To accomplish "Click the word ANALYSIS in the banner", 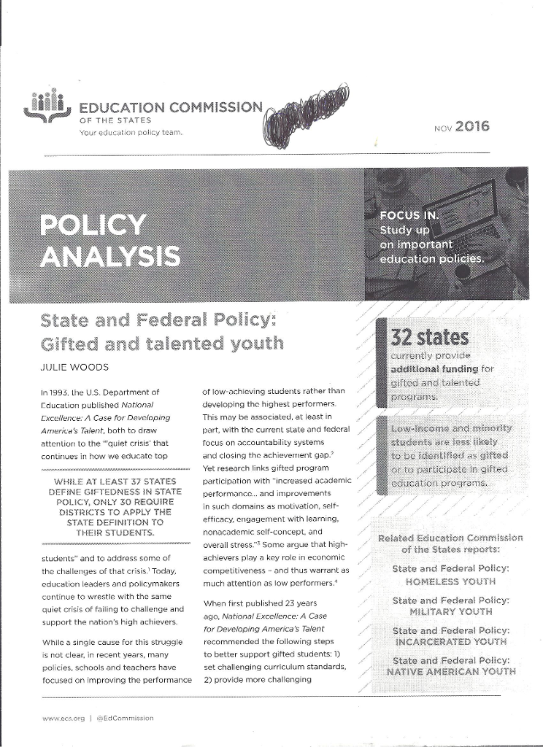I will pos(111,257).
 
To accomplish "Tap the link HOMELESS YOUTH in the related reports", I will pos(450,581).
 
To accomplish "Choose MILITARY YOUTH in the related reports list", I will pos(450,612).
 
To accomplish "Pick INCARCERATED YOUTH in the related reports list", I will pos(450,642).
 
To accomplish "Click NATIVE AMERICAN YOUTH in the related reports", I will pos(450,672).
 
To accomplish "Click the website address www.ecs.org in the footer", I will pos(61,718).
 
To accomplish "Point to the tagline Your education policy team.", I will pos(131,133).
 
